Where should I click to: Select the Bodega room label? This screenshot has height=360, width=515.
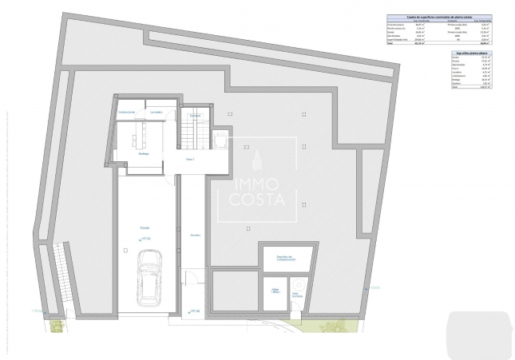[145, 154]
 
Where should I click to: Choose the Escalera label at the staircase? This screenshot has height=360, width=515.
[194, 117]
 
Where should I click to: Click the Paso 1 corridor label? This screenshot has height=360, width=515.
[191, 160]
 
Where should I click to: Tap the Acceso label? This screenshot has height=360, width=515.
[194, 235]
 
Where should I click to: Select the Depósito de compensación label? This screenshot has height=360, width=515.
[287, 258]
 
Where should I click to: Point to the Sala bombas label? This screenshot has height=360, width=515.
[296, 295]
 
